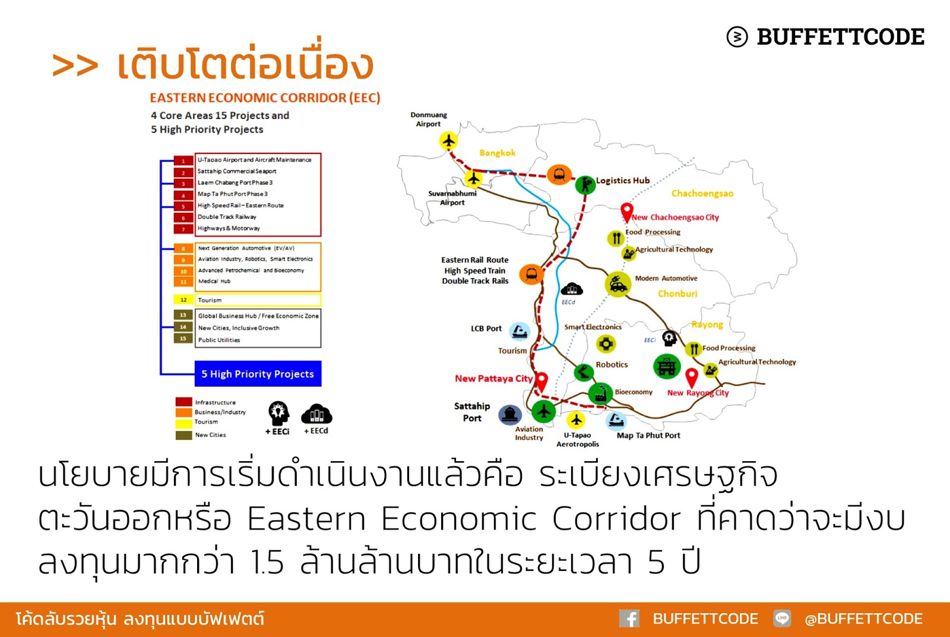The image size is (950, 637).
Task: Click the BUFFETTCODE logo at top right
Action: (x=825, y=37)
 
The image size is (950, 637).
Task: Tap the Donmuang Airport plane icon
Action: (x=449, y=141)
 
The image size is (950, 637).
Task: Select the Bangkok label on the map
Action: (x=498, y=153)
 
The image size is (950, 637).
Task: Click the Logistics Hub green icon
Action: (x=585, y=184)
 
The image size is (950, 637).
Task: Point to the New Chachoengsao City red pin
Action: (x=626, y=212)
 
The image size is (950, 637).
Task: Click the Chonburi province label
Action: (x=677, y=294)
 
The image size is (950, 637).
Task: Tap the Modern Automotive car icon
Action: (x=617, y=285)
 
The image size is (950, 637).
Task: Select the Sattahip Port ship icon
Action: (x=510, y=414)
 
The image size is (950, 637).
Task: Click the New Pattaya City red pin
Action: (x=541, y=381)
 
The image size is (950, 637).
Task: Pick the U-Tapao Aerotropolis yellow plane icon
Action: (x=575, y=420)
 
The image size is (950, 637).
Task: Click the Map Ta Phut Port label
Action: (x=648, y=436)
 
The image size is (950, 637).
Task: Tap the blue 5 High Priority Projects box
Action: (x=258, y=374)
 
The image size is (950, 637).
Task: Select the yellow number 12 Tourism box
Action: (x=183, y=300)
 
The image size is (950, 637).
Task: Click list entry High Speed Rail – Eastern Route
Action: (x=240, y=206)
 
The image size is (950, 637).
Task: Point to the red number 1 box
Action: (x=183, y=160)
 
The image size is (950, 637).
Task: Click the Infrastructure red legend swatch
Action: (x=183, y=402)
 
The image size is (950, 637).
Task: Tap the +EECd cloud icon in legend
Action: (x=316, y=414)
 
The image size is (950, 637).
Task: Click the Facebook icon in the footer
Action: (x=629, y=619)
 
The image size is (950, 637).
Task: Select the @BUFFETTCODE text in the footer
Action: (x=863, y=619)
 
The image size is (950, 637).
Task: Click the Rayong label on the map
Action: (x=707, y=325)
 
